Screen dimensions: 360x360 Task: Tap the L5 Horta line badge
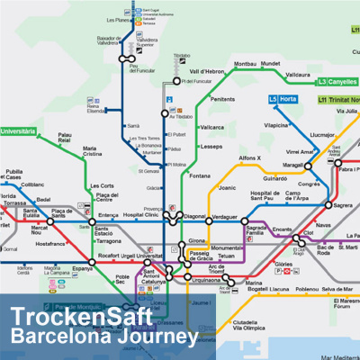283,99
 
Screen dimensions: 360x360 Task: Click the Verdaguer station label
225,217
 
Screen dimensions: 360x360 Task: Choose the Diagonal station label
194,217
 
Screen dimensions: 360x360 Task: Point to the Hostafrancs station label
50,243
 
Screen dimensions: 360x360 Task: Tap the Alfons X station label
249,158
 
